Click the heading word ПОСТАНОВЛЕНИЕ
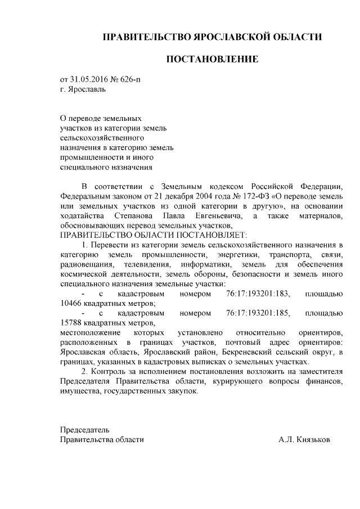point(211,59)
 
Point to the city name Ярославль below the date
point(86,89)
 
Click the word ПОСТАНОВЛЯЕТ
point(206,235)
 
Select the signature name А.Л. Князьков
point(304,440)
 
